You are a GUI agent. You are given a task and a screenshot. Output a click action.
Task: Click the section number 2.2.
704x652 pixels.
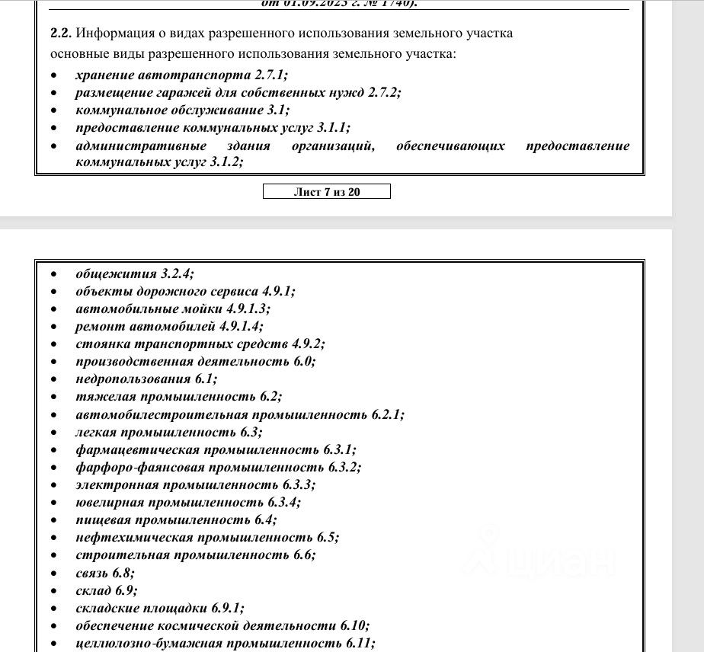click(x=60, y=34)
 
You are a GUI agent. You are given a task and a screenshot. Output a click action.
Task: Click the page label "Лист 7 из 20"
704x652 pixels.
click(x=326, y=192)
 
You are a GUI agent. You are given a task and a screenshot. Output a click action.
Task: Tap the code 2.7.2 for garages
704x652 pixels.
click(x=383, y=93)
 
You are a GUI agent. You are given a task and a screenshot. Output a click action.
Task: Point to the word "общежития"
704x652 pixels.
click(x=117, y=273)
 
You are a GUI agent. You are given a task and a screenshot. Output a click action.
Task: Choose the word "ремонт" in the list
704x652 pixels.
click(x=97, y=327)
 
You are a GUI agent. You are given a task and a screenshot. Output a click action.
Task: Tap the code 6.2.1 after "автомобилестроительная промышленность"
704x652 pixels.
click(x=388, y=415)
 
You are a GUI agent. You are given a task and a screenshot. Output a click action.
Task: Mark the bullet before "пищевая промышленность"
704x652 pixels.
click(x=54, y=521)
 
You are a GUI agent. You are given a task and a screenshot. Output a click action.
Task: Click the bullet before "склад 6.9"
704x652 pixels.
click(x=54, y=591)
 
